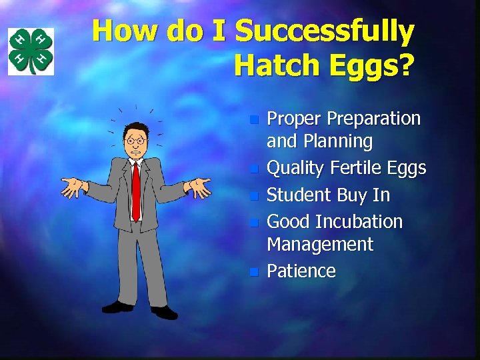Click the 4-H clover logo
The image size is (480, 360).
(31, 51)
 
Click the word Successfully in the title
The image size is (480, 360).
(325, 32)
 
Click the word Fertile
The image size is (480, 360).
(354, 169)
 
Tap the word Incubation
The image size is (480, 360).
(359, 221)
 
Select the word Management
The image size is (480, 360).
(320, 244)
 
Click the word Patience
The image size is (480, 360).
(301, 271)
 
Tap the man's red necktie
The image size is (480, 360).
(136, 190)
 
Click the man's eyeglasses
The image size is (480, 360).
(135, 141)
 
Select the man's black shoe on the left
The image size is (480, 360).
(117, 307)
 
